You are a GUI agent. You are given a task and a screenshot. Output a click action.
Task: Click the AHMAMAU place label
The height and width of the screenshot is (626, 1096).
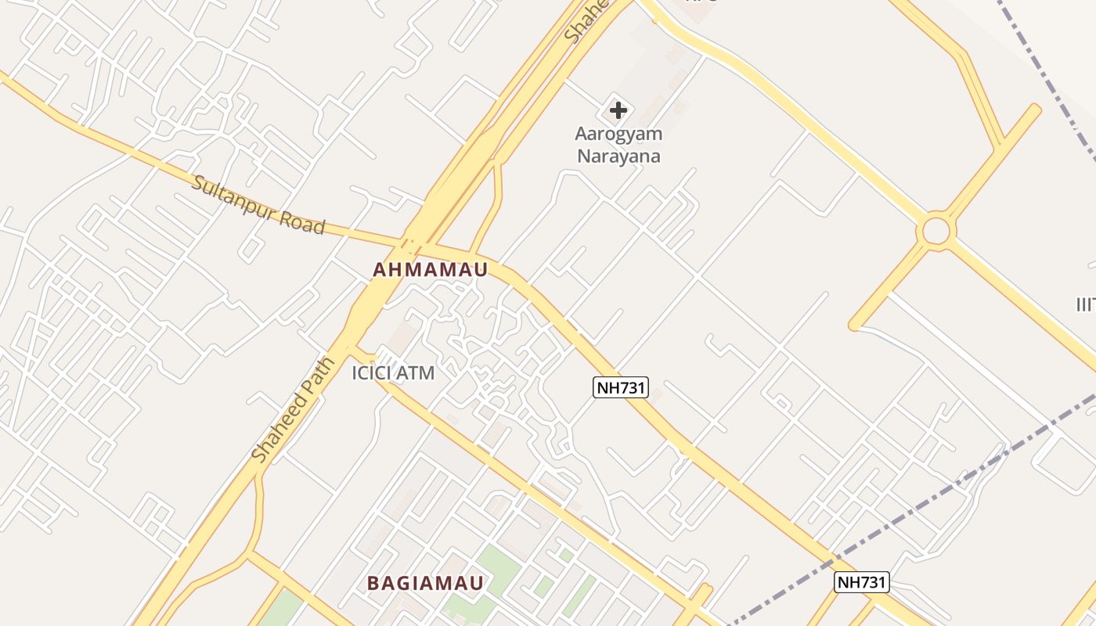pos(430,270)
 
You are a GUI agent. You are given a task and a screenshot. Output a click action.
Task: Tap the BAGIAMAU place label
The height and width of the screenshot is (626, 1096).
pos(426,583)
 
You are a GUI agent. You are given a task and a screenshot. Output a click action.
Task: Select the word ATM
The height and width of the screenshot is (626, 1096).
pos(415,373)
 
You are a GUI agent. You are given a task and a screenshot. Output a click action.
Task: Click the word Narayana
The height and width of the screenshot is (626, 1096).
pos(618,156)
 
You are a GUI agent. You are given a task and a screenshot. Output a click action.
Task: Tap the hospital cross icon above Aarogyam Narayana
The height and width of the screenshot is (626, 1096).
pos(618,110)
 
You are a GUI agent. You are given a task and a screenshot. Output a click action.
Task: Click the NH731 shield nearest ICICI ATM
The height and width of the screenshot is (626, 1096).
pos(621,387)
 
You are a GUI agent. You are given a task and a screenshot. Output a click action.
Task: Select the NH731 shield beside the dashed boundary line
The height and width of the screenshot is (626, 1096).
pos(861,582)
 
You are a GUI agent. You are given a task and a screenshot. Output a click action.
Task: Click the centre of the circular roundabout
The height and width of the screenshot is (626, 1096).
pos(936,232)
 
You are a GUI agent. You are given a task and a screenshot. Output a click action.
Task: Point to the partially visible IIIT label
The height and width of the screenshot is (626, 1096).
pos(1085,304)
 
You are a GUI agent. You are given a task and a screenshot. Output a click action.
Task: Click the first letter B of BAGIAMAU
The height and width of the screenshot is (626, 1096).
pos(373,583)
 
